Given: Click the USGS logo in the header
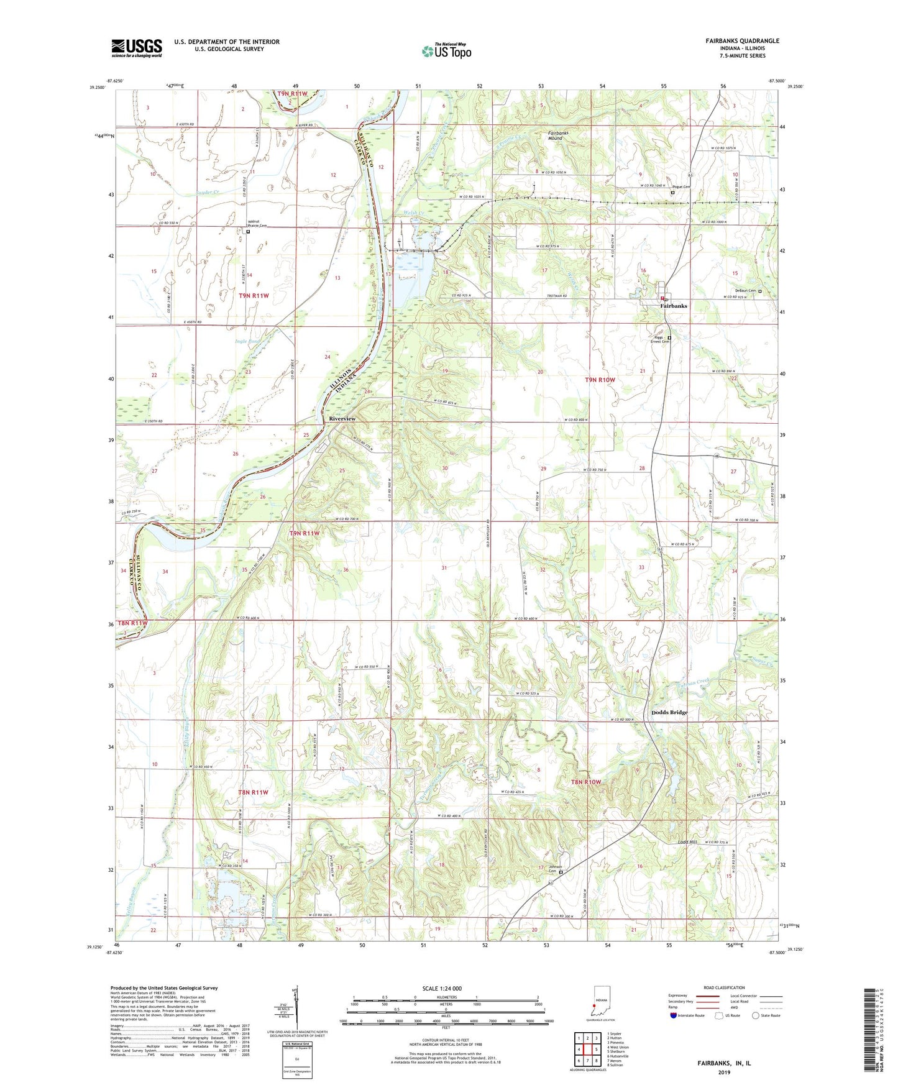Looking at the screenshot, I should click(x=136, y=48).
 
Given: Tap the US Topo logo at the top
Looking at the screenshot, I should click(x=446, y=51).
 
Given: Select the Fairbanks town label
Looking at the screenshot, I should click(x=674, y=306).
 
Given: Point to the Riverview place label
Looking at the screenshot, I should click(x=342, y=419).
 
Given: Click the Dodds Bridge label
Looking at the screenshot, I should click(x=669, y=712).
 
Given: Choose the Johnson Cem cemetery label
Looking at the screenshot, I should click(x=555, y=869).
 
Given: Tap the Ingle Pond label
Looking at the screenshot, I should click(x=246, y=341).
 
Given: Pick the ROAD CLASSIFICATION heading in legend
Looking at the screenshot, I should click(x=723, y=987).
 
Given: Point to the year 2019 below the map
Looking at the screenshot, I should click(x=724, y=1072).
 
